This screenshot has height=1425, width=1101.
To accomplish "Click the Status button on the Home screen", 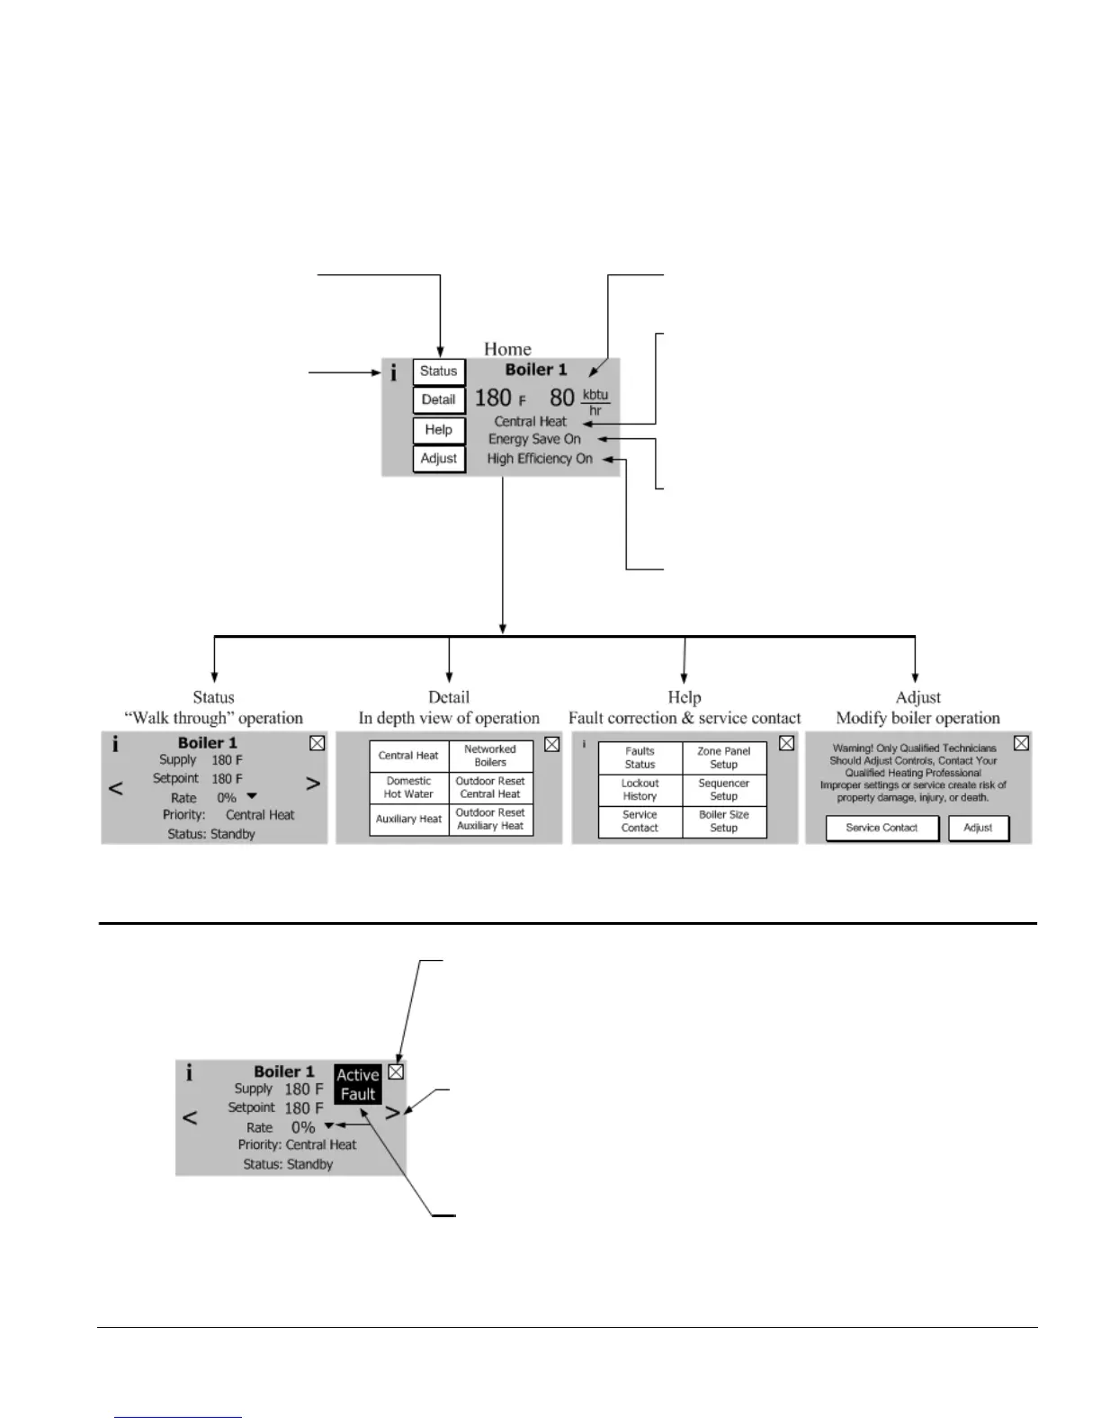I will click(x=439, y=372).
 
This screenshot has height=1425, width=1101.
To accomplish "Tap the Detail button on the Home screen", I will click(x=439, y=400).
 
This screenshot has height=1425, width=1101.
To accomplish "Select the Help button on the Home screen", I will click(x=439, y=430).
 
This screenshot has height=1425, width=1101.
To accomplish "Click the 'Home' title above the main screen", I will click(x=507, y=349).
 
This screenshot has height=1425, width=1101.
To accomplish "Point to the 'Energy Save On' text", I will click(x=534, y=439).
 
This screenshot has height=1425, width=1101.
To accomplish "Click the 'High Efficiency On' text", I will click(x=540, y=459).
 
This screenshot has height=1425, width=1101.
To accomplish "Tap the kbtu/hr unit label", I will click(x=595, y=402).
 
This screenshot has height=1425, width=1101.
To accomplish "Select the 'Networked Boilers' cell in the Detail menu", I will click(x=490, y=756).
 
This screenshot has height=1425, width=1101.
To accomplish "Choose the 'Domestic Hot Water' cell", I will click(x=408, y=788).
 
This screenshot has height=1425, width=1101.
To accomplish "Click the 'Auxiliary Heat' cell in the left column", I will click(x=408, y=820).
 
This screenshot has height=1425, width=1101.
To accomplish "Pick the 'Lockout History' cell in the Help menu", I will click(x=640, y=790).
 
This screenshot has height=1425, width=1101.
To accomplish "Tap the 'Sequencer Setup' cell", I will click(x=724, y=790).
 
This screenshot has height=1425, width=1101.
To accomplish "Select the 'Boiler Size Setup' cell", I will click(x=724, y=821).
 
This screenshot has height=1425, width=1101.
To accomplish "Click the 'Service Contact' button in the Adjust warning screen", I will click(x=882, y=828).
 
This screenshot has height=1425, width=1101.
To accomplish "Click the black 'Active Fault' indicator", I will click(x=357, y=1085).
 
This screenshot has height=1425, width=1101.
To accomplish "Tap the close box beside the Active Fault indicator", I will click(x=396, y=1072).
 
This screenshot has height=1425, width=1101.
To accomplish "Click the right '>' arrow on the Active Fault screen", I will click(x=393, y=1112).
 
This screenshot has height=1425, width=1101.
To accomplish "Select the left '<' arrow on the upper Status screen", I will click(x=116, y=788).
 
